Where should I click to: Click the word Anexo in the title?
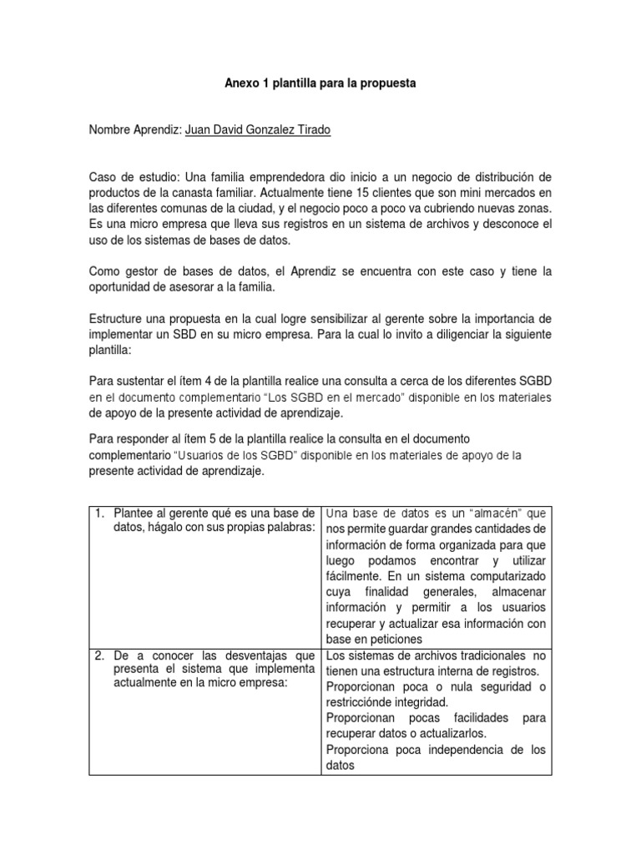[x=244, y=84]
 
